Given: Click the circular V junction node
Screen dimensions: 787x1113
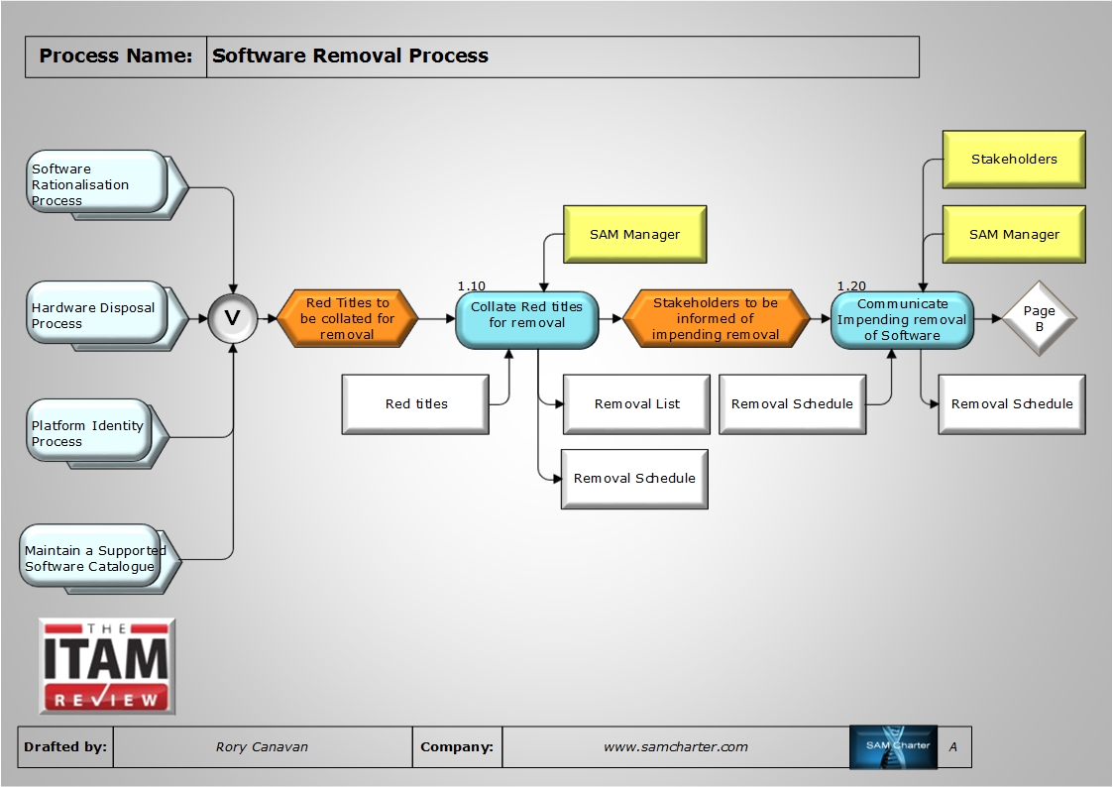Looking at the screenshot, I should (233, 318).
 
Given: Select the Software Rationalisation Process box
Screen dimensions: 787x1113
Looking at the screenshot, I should (96, 182).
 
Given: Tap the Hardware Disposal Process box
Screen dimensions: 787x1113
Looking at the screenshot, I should (96, 314).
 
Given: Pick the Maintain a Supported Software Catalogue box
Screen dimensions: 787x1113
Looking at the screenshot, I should (92, 557).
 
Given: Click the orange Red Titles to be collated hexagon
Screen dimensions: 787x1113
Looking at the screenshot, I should (347, 319).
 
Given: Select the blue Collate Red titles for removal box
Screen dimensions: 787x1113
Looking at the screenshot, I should (526, 319).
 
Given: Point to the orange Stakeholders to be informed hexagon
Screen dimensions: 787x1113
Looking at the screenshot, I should (716, 319).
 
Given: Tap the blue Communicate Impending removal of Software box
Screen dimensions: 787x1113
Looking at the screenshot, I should (901, 319).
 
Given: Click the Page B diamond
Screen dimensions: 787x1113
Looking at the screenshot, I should (1039, 319).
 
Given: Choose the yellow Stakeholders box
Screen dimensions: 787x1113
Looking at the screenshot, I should (1013, 159).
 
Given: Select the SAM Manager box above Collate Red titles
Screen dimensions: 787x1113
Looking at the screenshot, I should (634, 234).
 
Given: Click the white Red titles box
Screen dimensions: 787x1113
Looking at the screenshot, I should (416, 403).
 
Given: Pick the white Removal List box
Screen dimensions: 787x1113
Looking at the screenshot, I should (636, 403).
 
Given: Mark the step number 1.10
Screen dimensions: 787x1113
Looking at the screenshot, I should (472, 285).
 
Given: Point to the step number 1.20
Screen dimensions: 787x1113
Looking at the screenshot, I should (851, 285).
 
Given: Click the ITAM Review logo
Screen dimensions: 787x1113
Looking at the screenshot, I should (107, 666).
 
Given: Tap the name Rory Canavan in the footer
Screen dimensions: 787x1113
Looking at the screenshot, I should (262, 747).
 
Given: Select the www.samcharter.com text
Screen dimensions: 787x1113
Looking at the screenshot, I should (675, 747).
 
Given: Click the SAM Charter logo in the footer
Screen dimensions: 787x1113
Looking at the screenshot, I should (893, 747).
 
